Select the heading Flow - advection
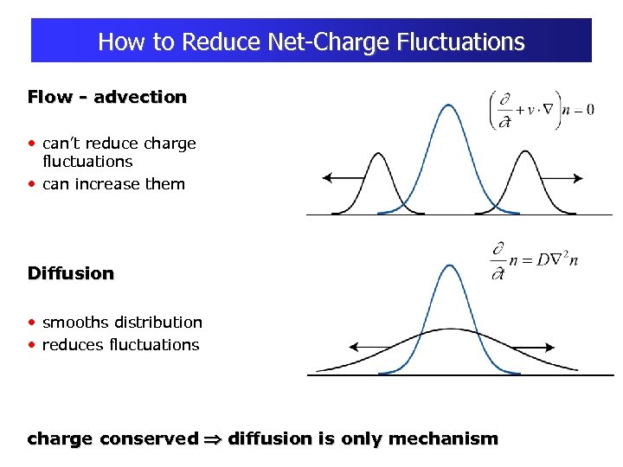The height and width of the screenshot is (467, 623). tap(107, 97)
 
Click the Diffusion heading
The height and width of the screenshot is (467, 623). tap(71, 273)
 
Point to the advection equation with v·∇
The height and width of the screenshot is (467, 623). tap(542, 110)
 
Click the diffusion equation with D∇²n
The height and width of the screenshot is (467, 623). tap(533, 260)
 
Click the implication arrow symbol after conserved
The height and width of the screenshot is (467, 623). tap(213, 439)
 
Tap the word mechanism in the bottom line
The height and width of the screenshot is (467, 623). tap(444, 438)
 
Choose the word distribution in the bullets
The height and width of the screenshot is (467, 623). tap(160, 323)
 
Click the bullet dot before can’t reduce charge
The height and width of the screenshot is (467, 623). tap(32, 144)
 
